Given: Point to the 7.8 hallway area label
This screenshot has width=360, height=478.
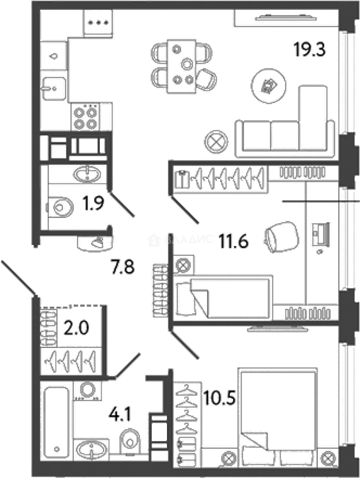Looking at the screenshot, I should [122, 267].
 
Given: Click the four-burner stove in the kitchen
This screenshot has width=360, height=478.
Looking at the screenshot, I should [85, 117].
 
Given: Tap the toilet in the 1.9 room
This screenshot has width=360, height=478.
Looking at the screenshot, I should [60, 205].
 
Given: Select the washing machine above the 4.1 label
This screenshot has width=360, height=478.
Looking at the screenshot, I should [87, 391].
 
